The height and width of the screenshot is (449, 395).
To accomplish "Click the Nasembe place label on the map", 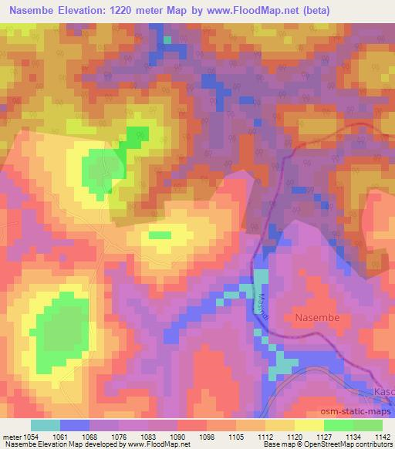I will coord(317,316).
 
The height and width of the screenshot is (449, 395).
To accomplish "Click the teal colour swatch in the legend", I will coord(45,425).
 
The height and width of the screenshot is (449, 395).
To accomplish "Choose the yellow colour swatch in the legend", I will coord(309,425).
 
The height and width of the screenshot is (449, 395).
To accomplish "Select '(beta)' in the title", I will coord(370,10).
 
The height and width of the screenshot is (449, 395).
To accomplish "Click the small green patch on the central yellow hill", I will coord(160,235).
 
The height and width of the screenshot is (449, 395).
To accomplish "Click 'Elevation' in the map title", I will coord(84,10).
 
